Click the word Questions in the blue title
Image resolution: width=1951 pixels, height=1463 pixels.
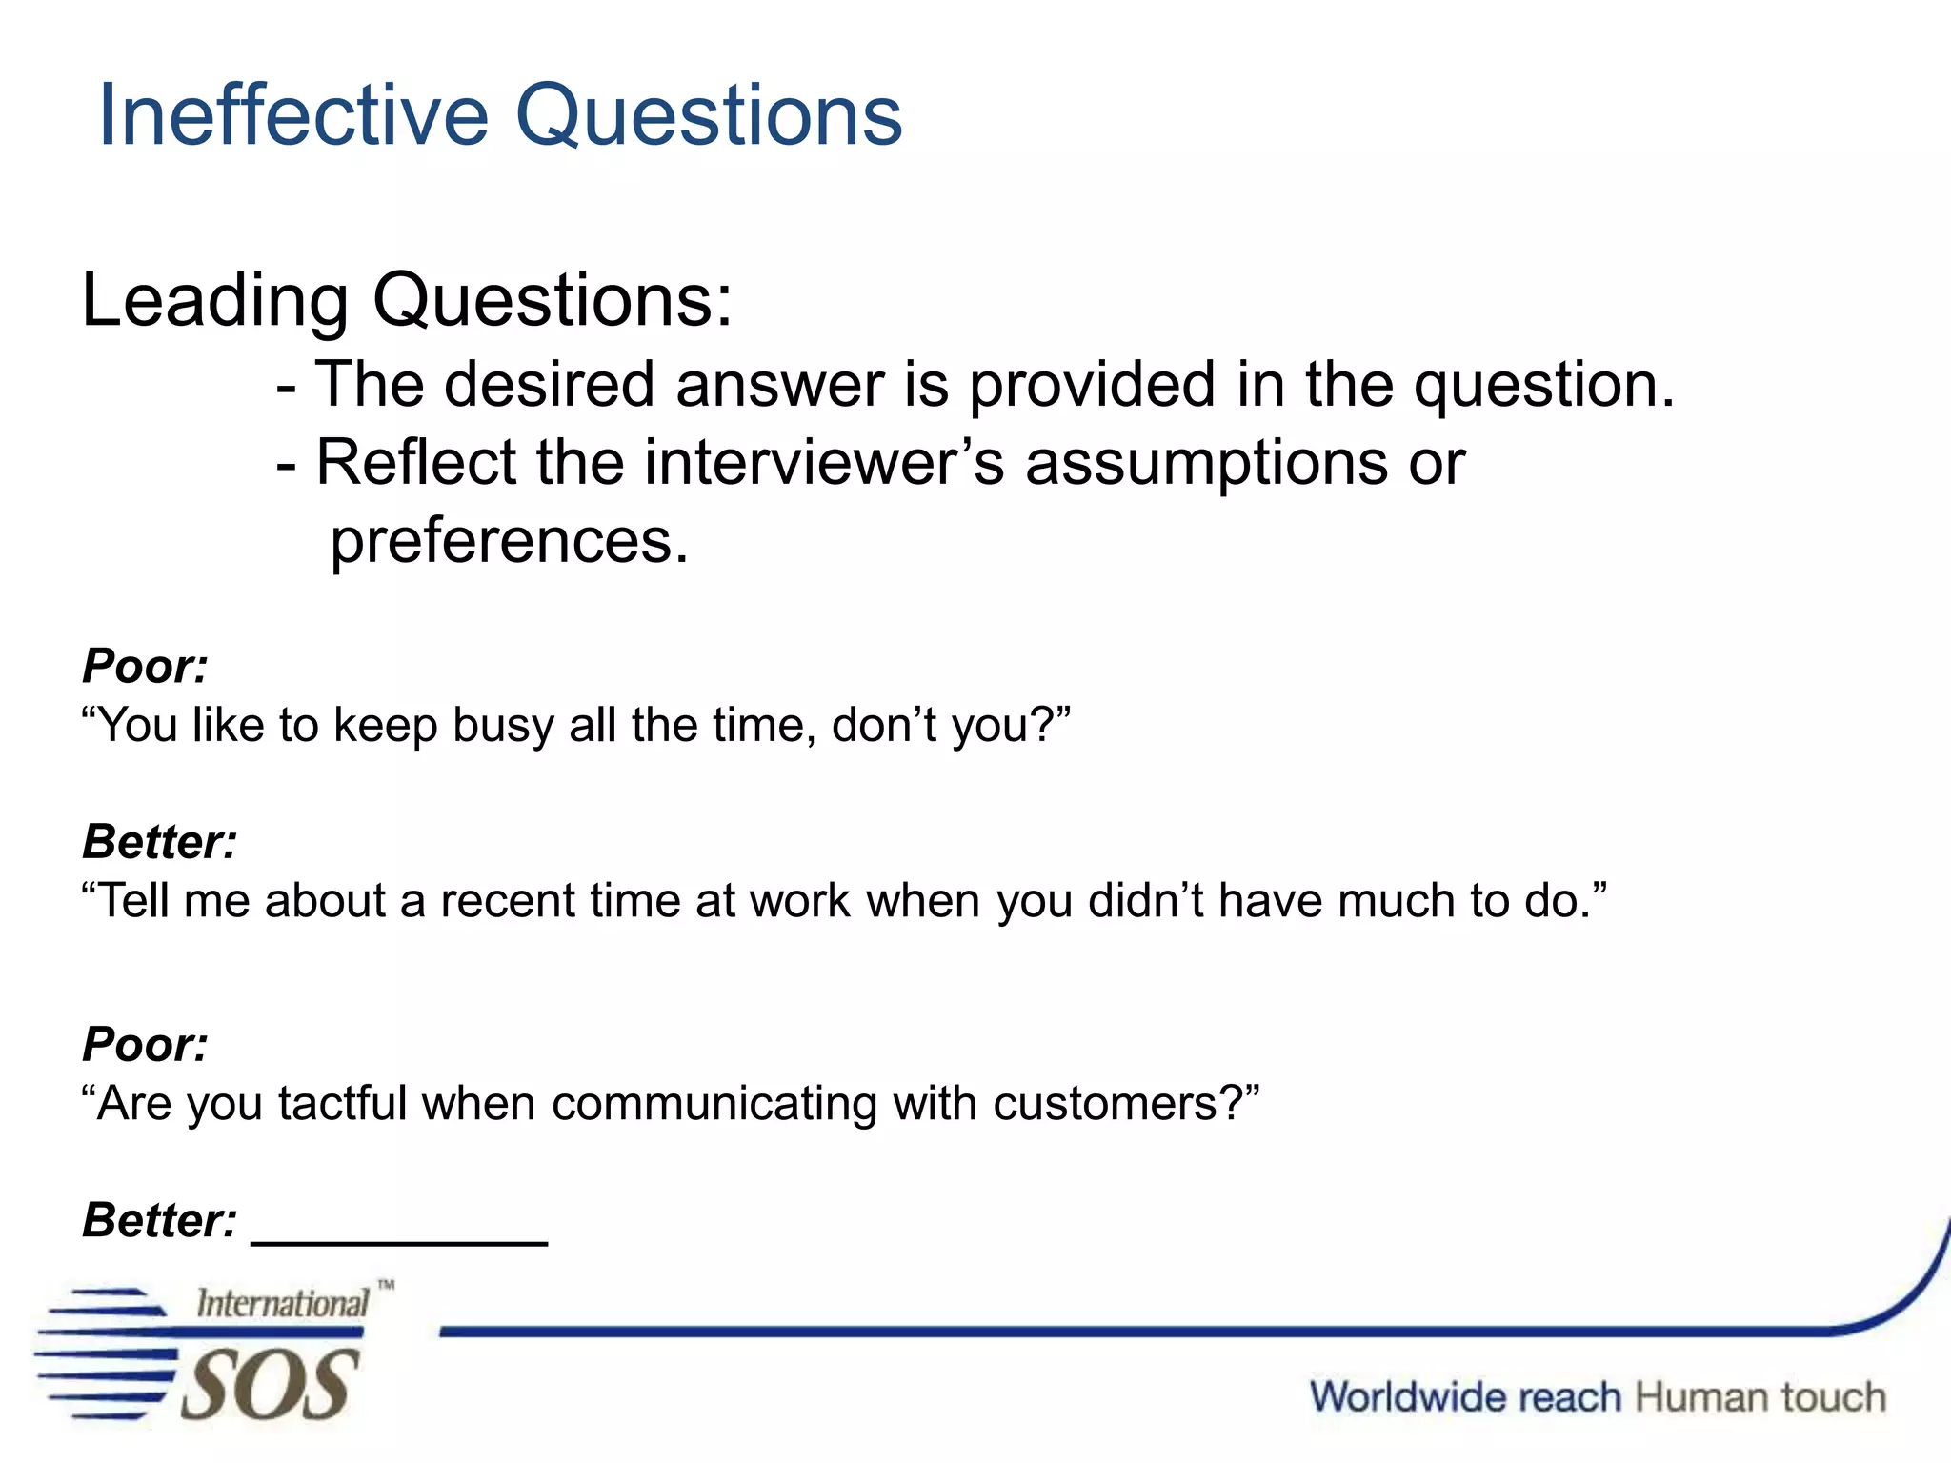tap(709, 115)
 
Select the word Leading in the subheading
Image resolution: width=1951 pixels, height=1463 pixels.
tap(215, 301)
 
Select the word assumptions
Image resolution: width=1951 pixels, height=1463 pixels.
tap(1206, 463)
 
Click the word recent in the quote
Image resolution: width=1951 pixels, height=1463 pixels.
tap(507, 900)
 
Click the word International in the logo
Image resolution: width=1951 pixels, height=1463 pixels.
tap(282, 1304)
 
